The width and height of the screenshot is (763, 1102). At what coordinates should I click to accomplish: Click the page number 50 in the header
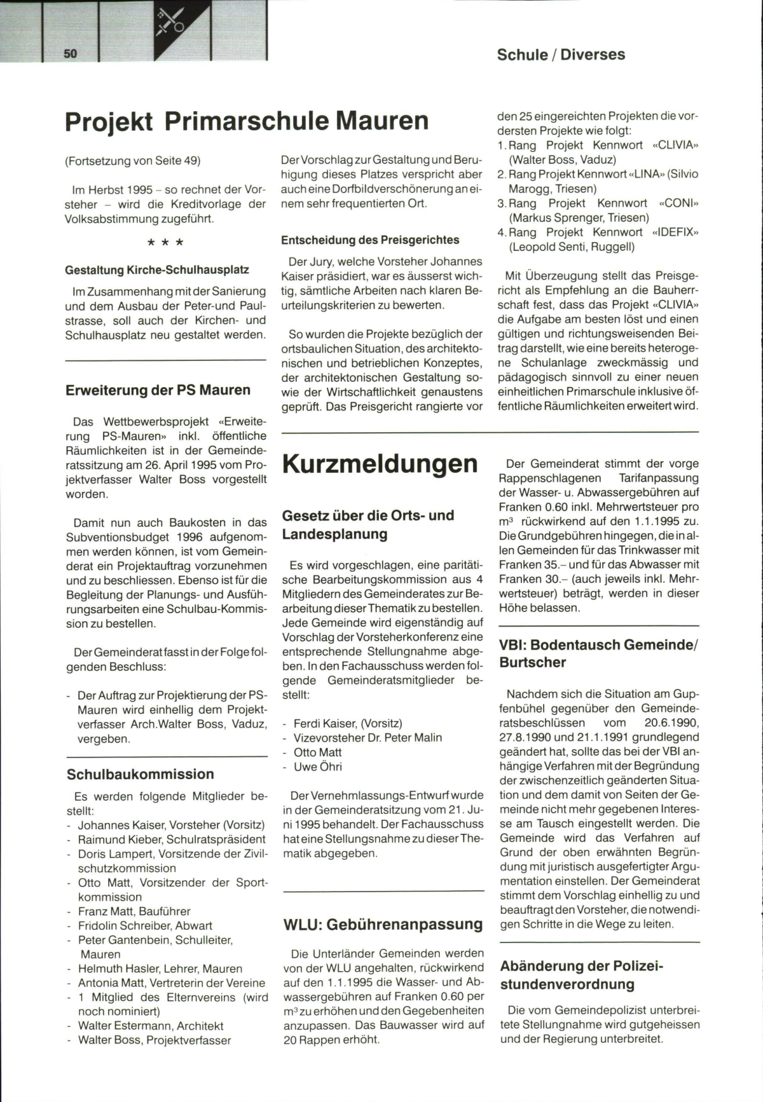click(71, 54)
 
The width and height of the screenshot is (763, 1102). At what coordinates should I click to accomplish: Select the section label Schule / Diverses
click(561, 55)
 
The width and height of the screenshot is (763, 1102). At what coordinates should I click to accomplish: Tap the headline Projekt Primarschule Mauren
click(247, 121)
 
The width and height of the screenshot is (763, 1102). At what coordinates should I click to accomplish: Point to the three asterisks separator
click(165, 243)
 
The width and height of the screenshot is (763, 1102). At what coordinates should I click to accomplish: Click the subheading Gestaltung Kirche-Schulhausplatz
click(157, 270)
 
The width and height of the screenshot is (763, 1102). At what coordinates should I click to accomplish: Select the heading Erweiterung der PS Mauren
click(158, 390)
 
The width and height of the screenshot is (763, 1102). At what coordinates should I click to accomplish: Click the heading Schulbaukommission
click(140, 774)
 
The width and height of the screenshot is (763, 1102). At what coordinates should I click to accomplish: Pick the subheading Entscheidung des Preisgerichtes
click(370, 240)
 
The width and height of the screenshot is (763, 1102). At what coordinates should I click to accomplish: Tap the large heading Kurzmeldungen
click(380, 464)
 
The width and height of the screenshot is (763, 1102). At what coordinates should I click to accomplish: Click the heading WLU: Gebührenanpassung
click(383, 924)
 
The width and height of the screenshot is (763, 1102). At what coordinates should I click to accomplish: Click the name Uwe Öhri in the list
click(317, 767)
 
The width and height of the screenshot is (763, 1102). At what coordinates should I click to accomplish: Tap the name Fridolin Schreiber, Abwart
click(145, 926)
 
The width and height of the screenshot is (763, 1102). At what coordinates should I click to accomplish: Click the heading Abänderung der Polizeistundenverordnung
click(581, 975)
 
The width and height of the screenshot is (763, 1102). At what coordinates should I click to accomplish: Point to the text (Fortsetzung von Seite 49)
click(133, 161)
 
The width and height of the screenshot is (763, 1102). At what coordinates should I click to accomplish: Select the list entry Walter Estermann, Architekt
click(151, 1026)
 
